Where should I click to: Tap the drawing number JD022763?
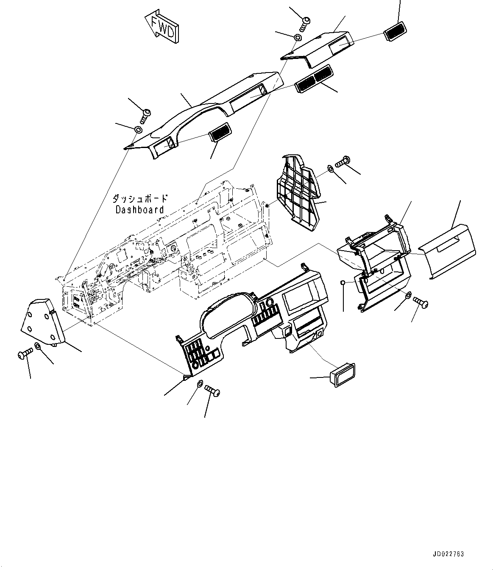(x=448, y=554)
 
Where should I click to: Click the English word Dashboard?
(x=139, y=210)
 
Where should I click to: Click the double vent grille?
(x=314, y=79)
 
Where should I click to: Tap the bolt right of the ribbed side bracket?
(x=342, y=162)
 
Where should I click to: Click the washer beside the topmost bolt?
(x=298, y=38)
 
